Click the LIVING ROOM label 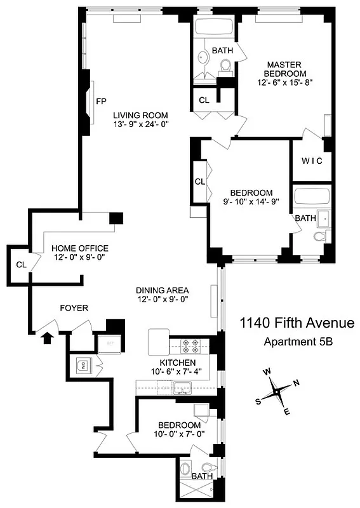[x=141, y=115]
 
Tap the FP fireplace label [x=100, y=101]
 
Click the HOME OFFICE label [x=80, y=248]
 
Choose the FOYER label [x=74, y=309]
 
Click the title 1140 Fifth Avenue [x=296, y=324]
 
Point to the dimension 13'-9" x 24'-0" [x=141, y=124]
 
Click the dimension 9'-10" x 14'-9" [x=251, y=202]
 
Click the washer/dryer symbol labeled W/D [x=82, y=365]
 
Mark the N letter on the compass [x=295, y=383]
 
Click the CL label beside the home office [x=21, y=264]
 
